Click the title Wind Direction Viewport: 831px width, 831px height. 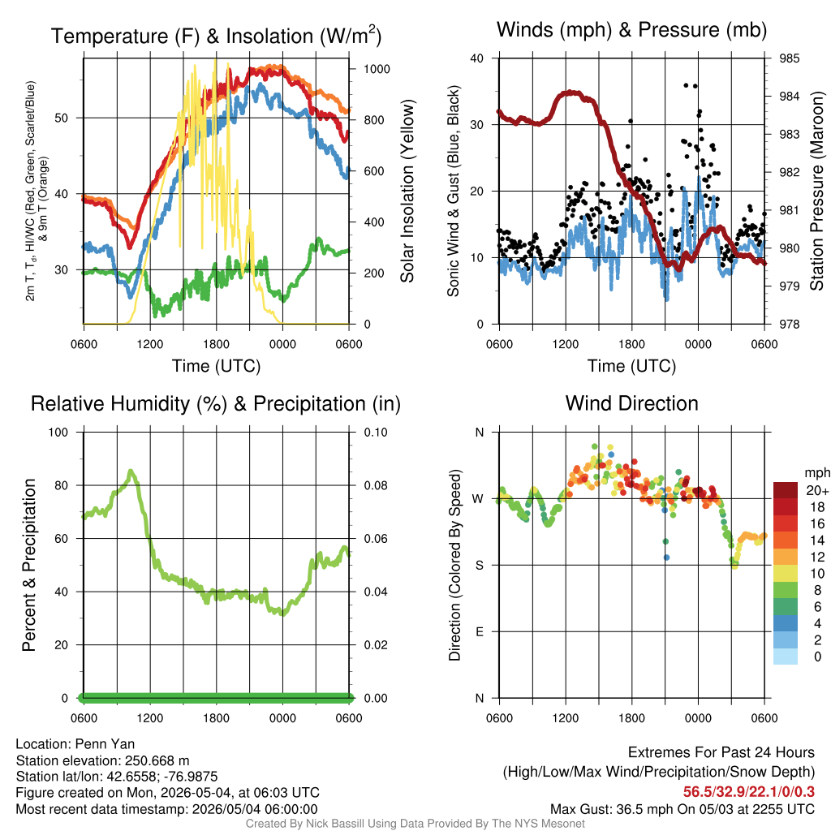[x=631, y=404]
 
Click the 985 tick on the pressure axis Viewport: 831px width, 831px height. [x=789, y=58]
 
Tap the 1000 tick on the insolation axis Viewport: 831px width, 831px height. [x=377, y=69]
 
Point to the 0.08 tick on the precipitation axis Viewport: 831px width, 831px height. [x=375, y=485]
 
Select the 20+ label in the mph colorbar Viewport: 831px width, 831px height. [x=817, y=491]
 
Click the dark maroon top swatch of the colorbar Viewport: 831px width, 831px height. [x=786, y=490]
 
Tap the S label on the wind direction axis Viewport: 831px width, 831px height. [x=479, y=566]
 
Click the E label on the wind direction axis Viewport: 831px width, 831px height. [x=479, y=631]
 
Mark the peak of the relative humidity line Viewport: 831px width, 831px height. [x=131, y=471]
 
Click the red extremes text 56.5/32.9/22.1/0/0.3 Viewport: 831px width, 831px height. [x=749, y=792]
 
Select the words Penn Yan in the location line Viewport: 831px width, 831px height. [x=105, y=744]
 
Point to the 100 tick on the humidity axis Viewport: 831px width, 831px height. [x=58, y=433]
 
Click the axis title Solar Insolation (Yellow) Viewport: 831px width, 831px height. [x=407, y=191]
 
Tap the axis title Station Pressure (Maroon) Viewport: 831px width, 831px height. [x=816, y=191]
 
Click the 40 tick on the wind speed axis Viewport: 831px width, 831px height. [x=477, y=58]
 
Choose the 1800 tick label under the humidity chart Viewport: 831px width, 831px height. [x=216, y=719]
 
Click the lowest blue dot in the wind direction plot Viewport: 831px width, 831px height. [x=667, y=558]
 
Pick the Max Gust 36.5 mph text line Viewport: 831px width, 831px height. [x=682, y=809]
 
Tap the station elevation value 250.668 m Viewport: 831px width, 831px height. [x=157, y=760]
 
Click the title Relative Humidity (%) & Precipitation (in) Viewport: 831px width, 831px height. [x=216, y=404]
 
